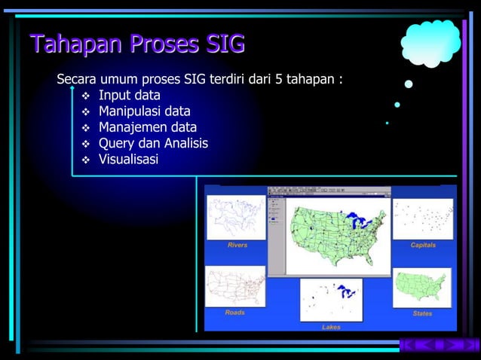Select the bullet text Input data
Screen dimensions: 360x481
(x=129, y=96)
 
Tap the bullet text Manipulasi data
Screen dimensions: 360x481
(x=144, y=111)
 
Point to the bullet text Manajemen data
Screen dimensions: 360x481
(x=147, y=127)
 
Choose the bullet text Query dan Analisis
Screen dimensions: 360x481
(x=153, y=143)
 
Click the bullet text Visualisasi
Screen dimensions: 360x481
(x=128, y=159)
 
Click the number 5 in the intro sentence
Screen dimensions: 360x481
(x=274, y=79)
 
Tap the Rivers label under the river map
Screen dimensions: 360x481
(x=237, y=245)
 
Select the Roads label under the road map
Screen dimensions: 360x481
(x=235, y=312)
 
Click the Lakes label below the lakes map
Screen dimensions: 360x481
(x=331, y=327)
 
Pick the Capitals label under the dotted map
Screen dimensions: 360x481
(x=423, y=245)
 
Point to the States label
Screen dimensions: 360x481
(x=422, y=313)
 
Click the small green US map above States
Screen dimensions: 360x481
(x=422, y=287)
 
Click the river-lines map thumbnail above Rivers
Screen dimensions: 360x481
(x=237, y=218)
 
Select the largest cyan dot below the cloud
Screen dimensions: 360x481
(x=409, y=84)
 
